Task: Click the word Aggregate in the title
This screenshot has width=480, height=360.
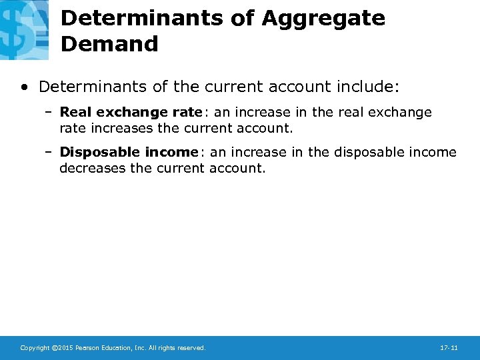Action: pyautogui.click(x=323, y=19)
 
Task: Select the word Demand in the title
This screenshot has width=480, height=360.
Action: pyautogui.click(x=109, y=45)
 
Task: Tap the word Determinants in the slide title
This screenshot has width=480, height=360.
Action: pyautogui.click(x=142, y=19)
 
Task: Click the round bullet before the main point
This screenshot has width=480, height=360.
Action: pyautogui.click(x=25, y=87)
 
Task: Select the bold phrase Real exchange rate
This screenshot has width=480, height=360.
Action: pyautogui.click(x=131, y=113)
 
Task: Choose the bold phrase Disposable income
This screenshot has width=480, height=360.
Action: pyautogui.click(x=129, y=153)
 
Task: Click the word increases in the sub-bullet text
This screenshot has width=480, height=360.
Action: pyautogui.click(x=118, y=128)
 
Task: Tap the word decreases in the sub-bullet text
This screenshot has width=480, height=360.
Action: pyautogui.click(x=91, y=168)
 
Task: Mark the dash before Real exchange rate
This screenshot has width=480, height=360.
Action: pyautogui.click(x=49, y=113)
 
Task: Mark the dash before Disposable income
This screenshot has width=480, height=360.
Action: pyautogui.click(x=49, y=153)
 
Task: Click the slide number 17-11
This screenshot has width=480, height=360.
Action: pyautogui.click(x=449, y=348)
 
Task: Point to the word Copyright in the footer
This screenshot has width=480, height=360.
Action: pyautogui.click(x=35, y=348)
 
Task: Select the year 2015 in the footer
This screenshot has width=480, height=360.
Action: pyautogui.click(x=65, y=348)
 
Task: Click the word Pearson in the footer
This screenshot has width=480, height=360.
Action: pyautogui.click(x=87, y=348)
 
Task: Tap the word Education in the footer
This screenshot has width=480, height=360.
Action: pyautogui.click(x=116, y=348)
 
